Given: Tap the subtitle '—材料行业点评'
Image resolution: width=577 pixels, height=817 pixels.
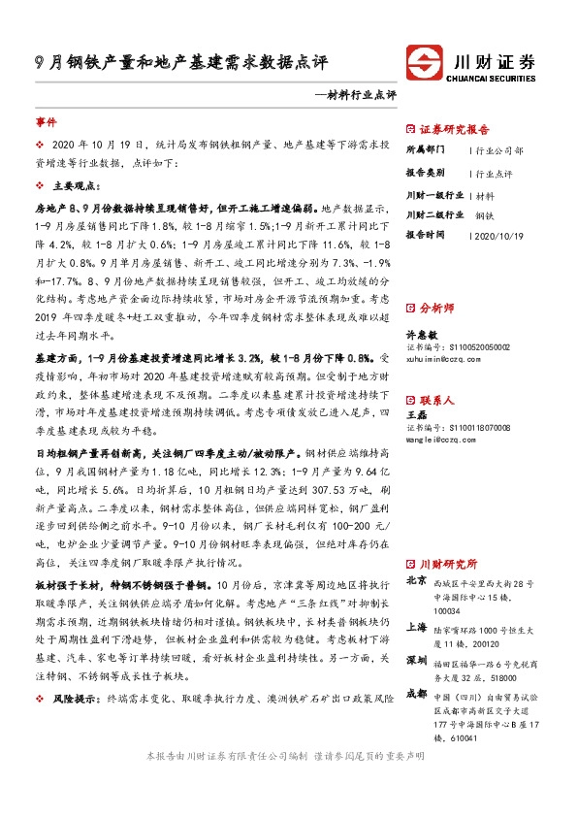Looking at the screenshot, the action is (x=356, y=95).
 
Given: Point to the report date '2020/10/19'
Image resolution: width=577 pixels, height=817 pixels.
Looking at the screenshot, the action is (x=500, y=235).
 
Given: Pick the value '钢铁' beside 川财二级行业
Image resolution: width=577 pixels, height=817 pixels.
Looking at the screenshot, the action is (x=485, y=214).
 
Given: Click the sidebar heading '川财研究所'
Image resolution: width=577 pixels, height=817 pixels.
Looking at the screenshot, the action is (x=448, y=564).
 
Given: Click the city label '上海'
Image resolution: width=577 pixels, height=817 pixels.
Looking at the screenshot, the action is (x=414, y=626).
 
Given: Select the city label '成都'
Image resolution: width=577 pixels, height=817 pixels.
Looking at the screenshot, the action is (x=414, y=694).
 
